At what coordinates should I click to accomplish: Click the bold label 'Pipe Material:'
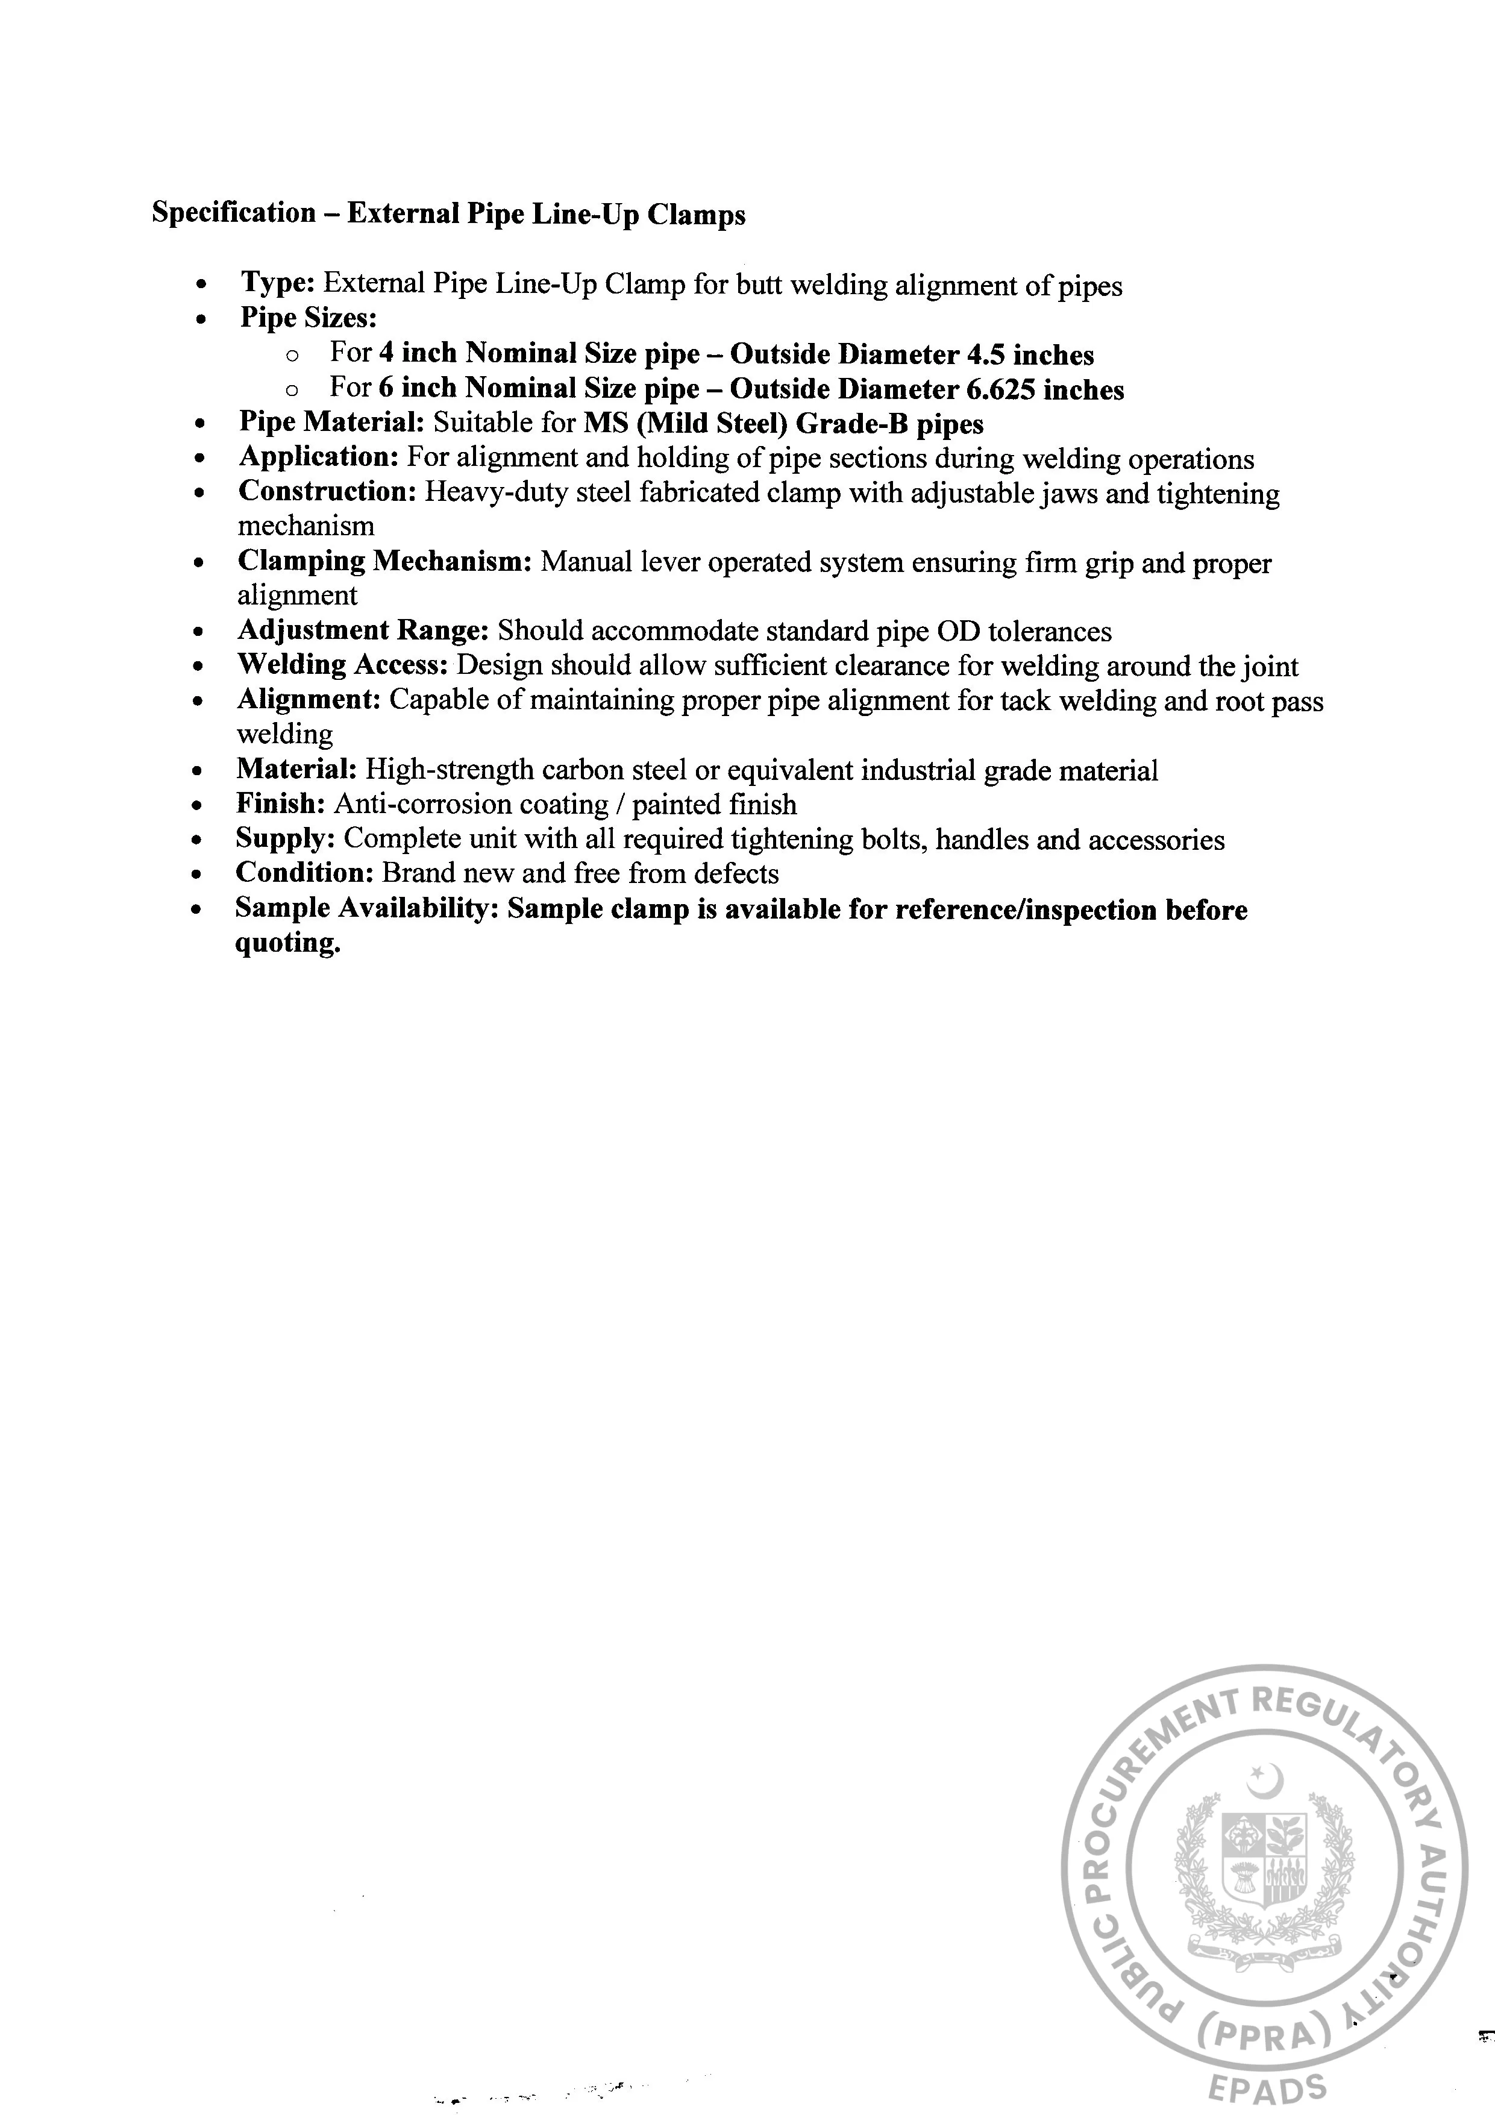click(x=331, y=423)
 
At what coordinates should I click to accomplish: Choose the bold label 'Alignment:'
click(x=309, y=700)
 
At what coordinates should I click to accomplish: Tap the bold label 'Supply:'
click(x=286, y=839)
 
